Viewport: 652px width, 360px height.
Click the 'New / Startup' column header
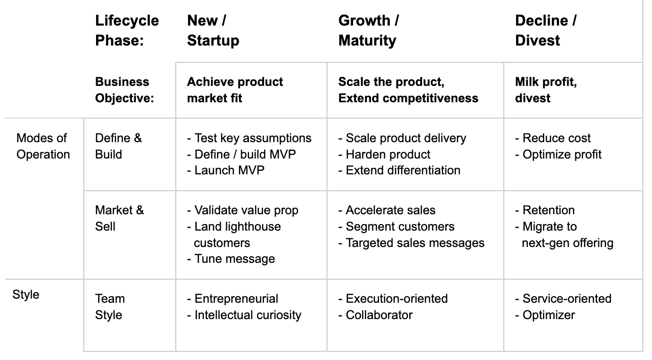click(213, 31)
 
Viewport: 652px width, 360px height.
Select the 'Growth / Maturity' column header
click(368, 31)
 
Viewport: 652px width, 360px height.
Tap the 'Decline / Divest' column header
click(546, 31)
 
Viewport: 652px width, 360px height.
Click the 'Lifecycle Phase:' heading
click(127, 31)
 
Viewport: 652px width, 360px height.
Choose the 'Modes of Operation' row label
click(43, 146)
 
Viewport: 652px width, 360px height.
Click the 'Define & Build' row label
click(119, 146)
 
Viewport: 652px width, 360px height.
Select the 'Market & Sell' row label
click(120, 218)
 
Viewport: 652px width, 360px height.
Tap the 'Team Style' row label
click(109, 306)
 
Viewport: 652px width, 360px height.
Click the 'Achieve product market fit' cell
click(235, 90)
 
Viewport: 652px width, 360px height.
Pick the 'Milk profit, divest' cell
click(546, 90)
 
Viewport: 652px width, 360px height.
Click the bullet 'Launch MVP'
click(229, 170)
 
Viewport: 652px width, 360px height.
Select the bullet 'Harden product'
click(387, 154)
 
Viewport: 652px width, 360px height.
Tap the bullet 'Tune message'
click(234, 259)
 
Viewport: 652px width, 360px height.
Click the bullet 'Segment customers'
click(400, 227)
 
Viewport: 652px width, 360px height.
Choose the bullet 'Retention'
click(548, 210)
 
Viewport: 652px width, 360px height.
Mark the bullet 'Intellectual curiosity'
click(247, 315)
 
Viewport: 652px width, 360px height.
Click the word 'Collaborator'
click(379, 315)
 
